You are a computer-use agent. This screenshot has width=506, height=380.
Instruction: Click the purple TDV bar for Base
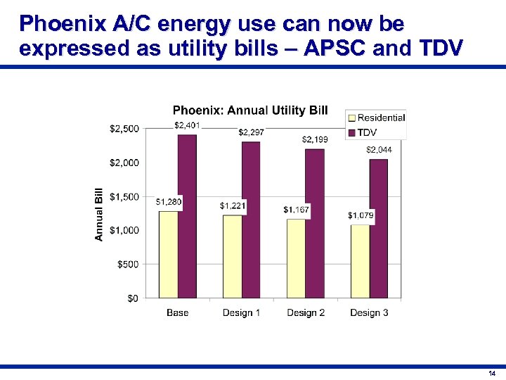point(187,216)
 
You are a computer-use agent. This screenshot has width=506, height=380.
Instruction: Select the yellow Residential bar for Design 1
point(232,256)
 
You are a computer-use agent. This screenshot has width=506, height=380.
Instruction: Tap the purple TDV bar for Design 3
point(378,228)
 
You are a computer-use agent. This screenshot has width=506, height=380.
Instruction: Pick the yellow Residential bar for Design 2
point(296,258)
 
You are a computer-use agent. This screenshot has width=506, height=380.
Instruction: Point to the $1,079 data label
point(361,215)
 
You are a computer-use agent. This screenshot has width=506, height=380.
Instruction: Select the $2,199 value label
point(314,139)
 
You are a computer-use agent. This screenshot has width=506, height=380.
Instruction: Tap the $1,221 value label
point(233,205)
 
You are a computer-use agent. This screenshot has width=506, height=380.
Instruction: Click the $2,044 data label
point(379,150)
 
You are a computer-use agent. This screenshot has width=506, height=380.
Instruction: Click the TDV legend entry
point(366,132)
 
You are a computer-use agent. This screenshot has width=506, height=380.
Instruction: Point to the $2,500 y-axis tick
point(124,129)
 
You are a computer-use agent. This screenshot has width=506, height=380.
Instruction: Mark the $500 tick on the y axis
point(127,264)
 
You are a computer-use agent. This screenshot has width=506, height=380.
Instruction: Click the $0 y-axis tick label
point(132,298)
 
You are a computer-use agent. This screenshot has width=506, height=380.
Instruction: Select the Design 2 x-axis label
point(306,312)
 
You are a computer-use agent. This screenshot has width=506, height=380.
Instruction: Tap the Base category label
point(177,312)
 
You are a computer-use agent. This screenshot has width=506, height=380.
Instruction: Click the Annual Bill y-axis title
point(99,214)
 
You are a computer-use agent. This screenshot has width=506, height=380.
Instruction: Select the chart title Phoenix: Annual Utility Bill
point(250,110)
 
